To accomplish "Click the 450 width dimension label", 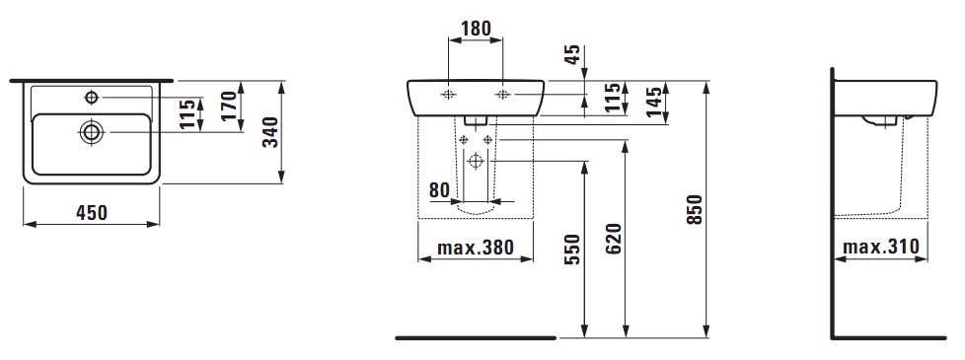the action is [x=92, y=213].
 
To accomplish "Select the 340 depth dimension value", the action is [x=270, y=132].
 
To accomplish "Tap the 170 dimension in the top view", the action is [x=229, y=106].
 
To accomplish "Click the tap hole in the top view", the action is [x=92, y=97].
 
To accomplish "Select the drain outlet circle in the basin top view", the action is [x=92, y=132].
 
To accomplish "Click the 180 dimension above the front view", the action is [x=477, y=29].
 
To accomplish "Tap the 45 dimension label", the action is [x=573, y=56].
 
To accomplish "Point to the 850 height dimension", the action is [x=695, y=210].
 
